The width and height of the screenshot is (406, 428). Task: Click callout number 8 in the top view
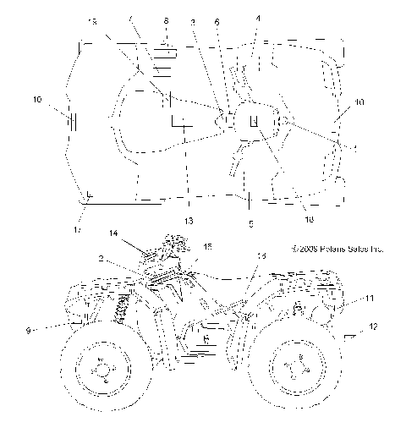[167, 19]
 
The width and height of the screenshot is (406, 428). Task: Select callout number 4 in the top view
[258, 19]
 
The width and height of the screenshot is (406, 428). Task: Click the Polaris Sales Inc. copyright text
[337, 250]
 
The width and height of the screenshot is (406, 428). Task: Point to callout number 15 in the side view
[207, 246]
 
